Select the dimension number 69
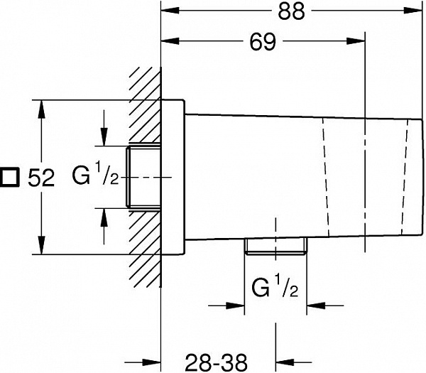click(263, 43)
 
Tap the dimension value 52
click(41, 178)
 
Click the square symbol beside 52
click(11, 178)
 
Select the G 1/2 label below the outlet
click(275, 288)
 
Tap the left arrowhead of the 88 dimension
click(170, 12)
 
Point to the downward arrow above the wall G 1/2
click(104, 138)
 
